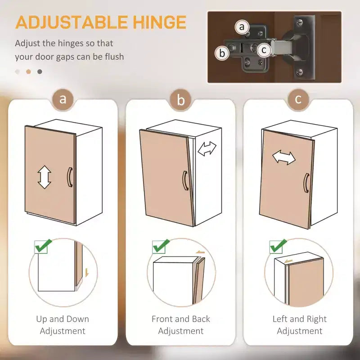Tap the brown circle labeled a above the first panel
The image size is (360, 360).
[63, 99]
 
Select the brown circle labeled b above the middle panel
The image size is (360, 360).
[181, 100]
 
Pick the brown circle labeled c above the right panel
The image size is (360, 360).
[298, 99]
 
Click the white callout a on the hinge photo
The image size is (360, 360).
[242, 27]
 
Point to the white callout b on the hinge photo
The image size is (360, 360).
[222, 53]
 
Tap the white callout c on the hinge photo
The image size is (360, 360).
[264, 50]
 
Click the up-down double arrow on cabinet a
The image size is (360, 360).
[44, 177]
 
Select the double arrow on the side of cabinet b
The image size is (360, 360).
[207, 148]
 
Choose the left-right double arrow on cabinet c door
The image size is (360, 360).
[284, 157]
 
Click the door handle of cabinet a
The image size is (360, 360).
[70, 177]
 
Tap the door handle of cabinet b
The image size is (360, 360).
[185, 180]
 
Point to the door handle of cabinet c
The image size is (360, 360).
[306, 183]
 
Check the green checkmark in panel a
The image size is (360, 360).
[43, 246]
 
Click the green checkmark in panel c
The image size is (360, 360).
[278, 246]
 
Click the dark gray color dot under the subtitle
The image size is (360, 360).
[40, 72]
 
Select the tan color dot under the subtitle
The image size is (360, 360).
[28, 72]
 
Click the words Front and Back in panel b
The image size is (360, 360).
[181, 319]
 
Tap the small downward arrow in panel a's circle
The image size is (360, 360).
[87, 273]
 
